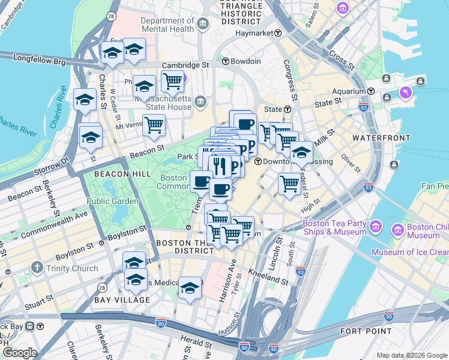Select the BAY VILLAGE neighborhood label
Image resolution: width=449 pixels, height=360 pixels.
coord(122,299)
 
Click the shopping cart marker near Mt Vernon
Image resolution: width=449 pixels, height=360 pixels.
coord(154,125)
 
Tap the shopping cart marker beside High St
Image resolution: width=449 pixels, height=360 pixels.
coord(289,184)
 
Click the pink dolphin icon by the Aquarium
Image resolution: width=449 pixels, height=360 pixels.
coord(406,93)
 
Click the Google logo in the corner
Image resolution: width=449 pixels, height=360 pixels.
coord(20,353)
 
